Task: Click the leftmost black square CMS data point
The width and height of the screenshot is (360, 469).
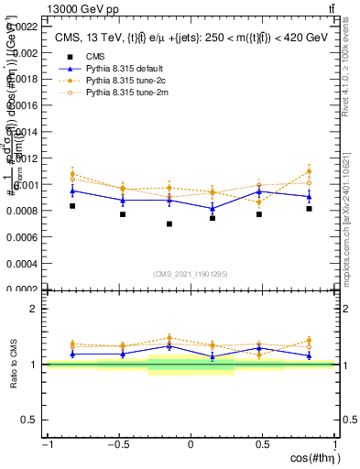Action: [72, 206]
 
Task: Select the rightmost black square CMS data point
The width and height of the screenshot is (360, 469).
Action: [309, 209]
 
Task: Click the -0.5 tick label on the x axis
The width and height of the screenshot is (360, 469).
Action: [117, 444]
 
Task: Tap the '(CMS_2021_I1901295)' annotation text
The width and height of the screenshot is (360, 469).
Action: [190, 274]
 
